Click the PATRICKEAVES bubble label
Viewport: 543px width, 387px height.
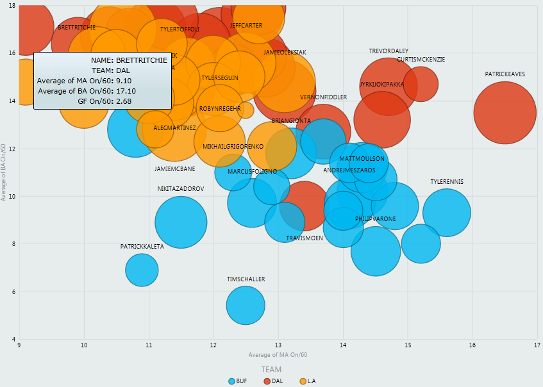coord(505,74)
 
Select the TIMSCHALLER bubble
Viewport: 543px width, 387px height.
coord(246,306)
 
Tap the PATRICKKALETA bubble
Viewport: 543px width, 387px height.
coord(142,270)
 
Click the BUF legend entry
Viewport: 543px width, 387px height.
coord(238,381)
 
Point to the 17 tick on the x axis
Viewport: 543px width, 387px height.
coord(537,345)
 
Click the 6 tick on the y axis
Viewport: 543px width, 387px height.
coord(14,292)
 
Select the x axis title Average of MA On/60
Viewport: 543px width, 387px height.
coord(278,355)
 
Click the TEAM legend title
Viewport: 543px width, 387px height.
coord(271,370)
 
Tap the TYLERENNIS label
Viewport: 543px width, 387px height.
coord(447,182)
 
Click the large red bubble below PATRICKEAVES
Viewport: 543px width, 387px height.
coord(505,112)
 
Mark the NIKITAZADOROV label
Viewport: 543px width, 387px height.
coord(181,189)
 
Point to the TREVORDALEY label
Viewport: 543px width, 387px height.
coord(388,51)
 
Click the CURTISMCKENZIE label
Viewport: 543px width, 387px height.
coord(421,60)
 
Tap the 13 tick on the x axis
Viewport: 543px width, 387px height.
coord(278,345)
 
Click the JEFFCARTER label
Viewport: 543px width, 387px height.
coord(246,26)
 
